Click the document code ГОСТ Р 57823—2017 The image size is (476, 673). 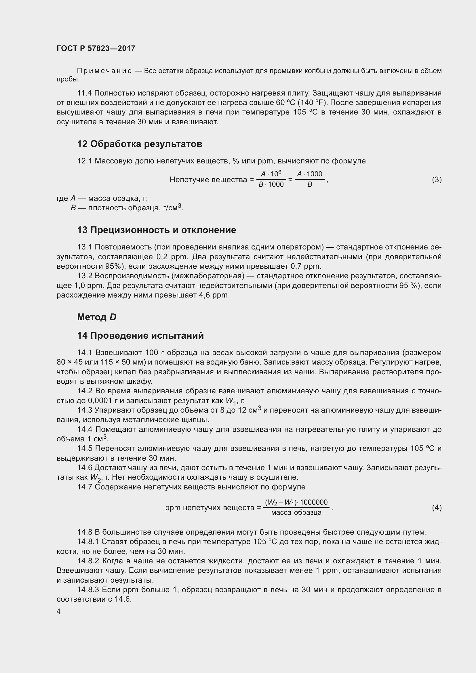[x=96, y=48]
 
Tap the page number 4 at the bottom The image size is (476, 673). [x=59, y=611]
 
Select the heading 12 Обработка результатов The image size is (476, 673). [x=140, y=144]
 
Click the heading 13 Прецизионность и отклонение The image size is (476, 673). [x=157, y=230]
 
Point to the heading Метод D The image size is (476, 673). [x=97, y=317]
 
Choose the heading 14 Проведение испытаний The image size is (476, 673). [x=140, y=335]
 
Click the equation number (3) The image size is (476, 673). [x=437, y=179]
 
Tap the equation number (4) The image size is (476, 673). [x=437, y=507]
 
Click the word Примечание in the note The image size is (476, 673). [x=104, y=71]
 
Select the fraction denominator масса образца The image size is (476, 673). [x=296, y=513]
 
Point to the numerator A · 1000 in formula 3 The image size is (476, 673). [x=310, y=174]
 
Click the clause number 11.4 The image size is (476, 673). [x=84, y=93]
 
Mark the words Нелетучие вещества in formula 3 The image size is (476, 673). [x=209, y=179]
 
